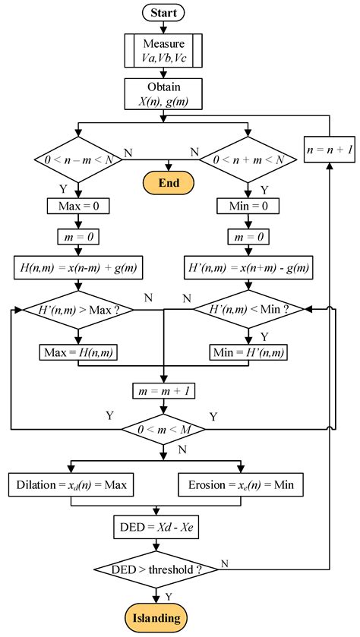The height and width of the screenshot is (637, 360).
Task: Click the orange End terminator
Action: tap(163, 182)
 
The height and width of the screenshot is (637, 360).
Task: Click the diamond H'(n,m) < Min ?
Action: tap(248, 310)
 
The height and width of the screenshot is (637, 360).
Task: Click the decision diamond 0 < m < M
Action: tap(163, 430)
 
